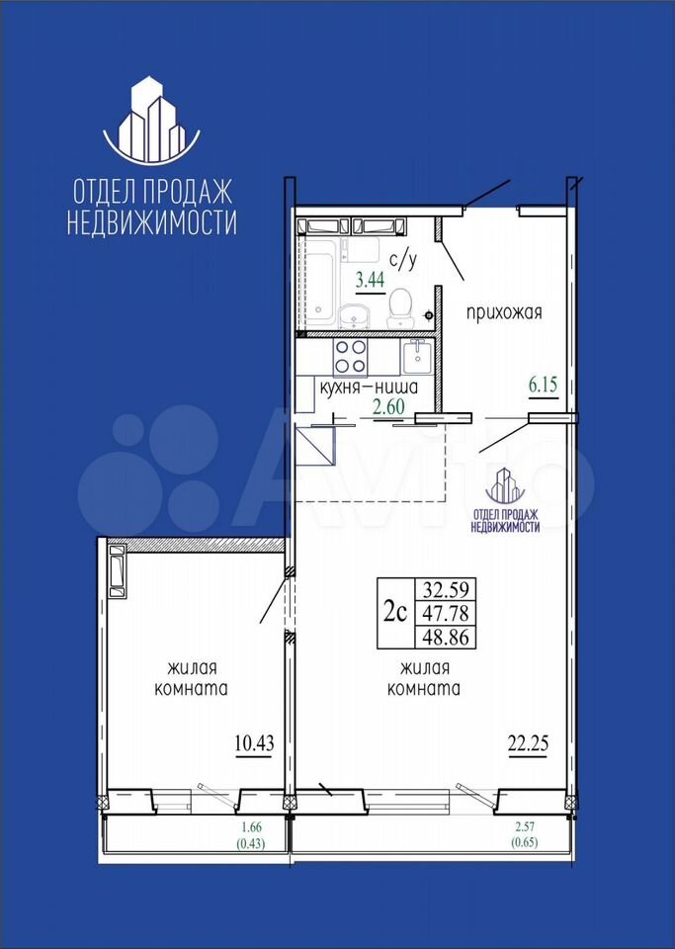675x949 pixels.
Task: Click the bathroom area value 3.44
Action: point(371,279)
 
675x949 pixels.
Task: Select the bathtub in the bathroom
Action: point(319,283)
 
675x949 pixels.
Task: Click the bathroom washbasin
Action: point(355,316)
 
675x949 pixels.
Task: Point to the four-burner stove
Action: point(350,357)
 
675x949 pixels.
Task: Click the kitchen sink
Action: point(415,357)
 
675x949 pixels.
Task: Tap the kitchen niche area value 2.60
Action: point(388,406)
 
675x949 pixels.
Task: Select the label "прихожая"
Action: point(503,313)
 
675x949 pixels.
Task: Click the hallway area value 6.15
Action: point(543,385)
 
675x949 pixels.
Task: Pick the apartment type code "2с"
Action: point(394,613)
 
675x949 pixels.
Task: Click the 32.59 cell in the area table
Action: point(446,589)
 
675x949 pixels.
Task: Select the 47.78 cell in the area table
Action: point(446,613)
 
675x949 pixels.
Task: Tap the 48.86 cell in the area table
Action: point(446,637)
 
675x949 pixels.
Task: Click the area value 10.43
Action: point(254,742)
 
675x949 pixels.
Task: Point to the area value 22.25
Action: point(528,743)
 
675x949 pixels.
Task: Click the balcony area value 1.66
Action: point(252,827)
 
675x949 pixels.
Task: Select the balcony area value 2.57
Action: point(524,827)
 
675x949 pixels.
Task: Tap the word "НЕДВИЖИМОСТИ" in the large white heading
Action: point(151,222)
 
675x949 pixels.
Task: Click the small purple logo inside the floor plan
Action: point(505,486)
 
